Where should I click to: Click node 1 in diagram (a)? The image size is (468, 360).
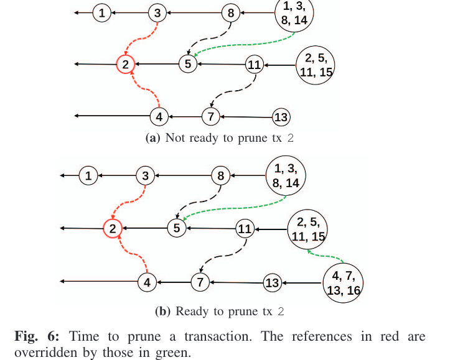tap(102, 12)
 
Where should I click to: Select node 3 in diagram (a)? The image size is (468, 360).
tap(157, 12)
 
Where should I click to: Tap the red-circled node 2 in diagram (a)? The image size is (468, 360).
tap(125, 64)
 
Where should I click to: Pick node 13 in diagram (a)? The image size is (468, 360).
tap(281, 116)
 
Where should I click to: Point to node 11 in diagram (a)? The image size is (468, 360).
tap(254, 65)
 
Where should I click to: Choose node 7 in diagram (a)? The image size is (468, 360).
tap(211, 116)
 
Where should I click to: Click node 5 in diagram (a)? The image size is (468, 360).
tap(187, 63)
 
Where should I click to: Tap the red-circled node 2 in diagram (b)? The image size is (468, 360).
tap(113, 229)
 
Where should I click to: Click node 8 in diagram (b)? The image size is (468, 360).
tap(220, 176)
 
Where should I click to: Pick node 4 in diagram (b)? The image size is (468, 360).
tap(147, 282)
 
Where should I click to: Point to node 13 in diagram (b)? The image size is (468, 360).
tap(272, 283)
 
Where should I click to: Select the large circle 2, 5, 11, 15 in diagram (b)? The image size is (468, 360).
tap(307, 228)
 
